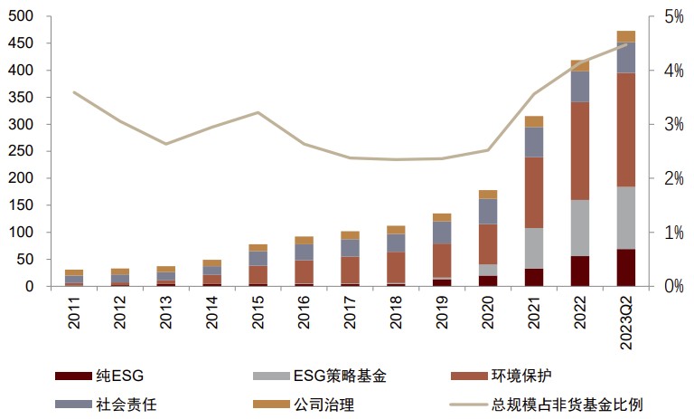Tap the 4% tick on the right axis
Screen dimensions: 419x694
pos(672,71)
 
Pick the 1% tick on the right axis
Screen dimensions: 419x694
pos(672,233)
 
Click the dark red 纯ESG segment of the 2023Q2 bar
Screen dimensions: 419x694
pos(625,268)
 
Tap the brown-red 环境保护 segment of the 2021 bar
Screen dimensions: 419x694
pos(534,193)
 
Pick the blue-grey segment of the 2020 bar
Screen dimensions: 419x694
pos(488,211)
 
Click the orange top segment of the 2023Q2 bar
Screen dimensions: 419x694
pos(625,36)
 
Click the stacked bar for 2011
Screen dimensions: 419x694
pos(74,278)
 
